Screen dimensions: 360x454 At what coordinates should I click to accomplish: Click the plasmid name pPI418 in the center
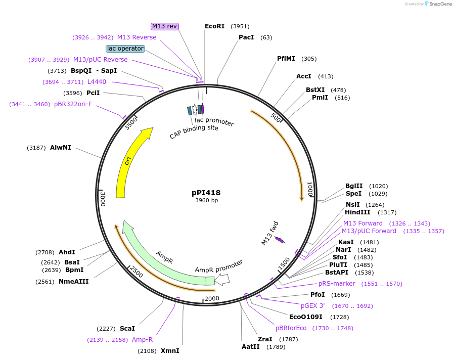(206, 193)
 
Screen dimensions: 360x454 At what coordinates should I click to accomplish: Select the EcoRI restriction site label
(214, 26)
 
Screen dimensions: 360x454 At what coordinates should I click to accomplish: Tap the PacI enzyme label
(246, 37)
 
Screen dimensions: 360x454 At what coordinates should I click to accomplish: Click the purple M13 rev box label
(165, 26)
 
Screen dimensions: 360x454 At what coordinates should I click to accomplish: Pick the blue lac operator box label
(125, 49)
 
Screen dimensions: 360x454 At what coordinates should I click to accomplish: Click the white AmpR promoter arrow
(222, 279)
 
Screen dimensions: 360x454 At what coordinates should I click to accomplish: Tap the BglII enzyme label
(354, 186)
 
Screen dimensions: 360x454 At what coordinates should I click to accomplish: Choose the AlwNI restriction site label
(61, 148)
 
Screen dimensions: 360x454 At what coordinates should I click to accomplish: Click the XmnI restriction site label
(170, 350)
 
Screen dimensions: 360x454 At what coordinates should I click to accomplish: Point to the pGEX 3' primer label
(315, 305)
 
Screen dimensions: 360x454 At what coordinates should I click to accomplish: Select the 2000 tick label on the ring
(212, 298)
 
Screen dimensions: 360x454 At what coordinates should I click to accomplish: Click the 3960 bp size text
(206, 201)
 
